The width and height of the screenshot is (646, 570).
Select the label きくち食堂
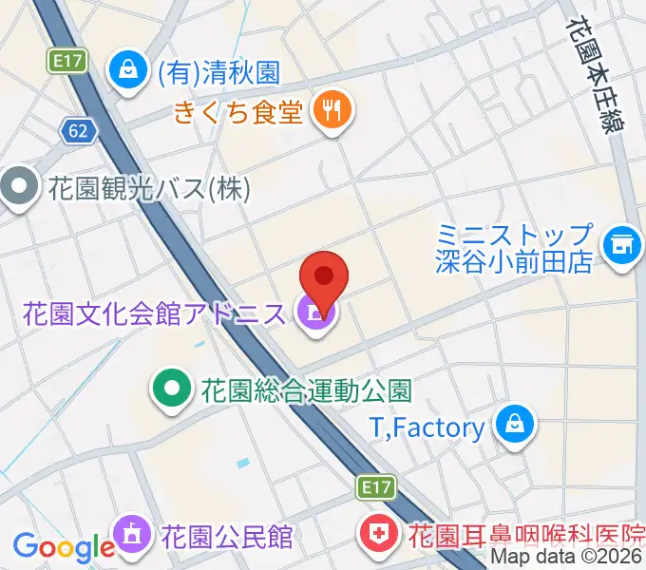238,113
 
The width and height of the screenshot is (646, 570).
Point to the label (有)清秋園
218,70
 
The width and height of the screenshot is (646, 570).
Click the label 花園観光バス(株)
148,188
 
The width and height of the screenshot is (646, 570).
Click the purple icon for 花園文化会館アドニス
314,313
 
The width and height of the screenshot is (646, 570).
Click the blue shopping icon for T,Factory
514,427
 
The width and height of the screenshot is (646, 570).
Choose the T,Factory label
426,427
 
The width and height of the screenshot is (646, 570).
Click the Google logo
64,546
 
